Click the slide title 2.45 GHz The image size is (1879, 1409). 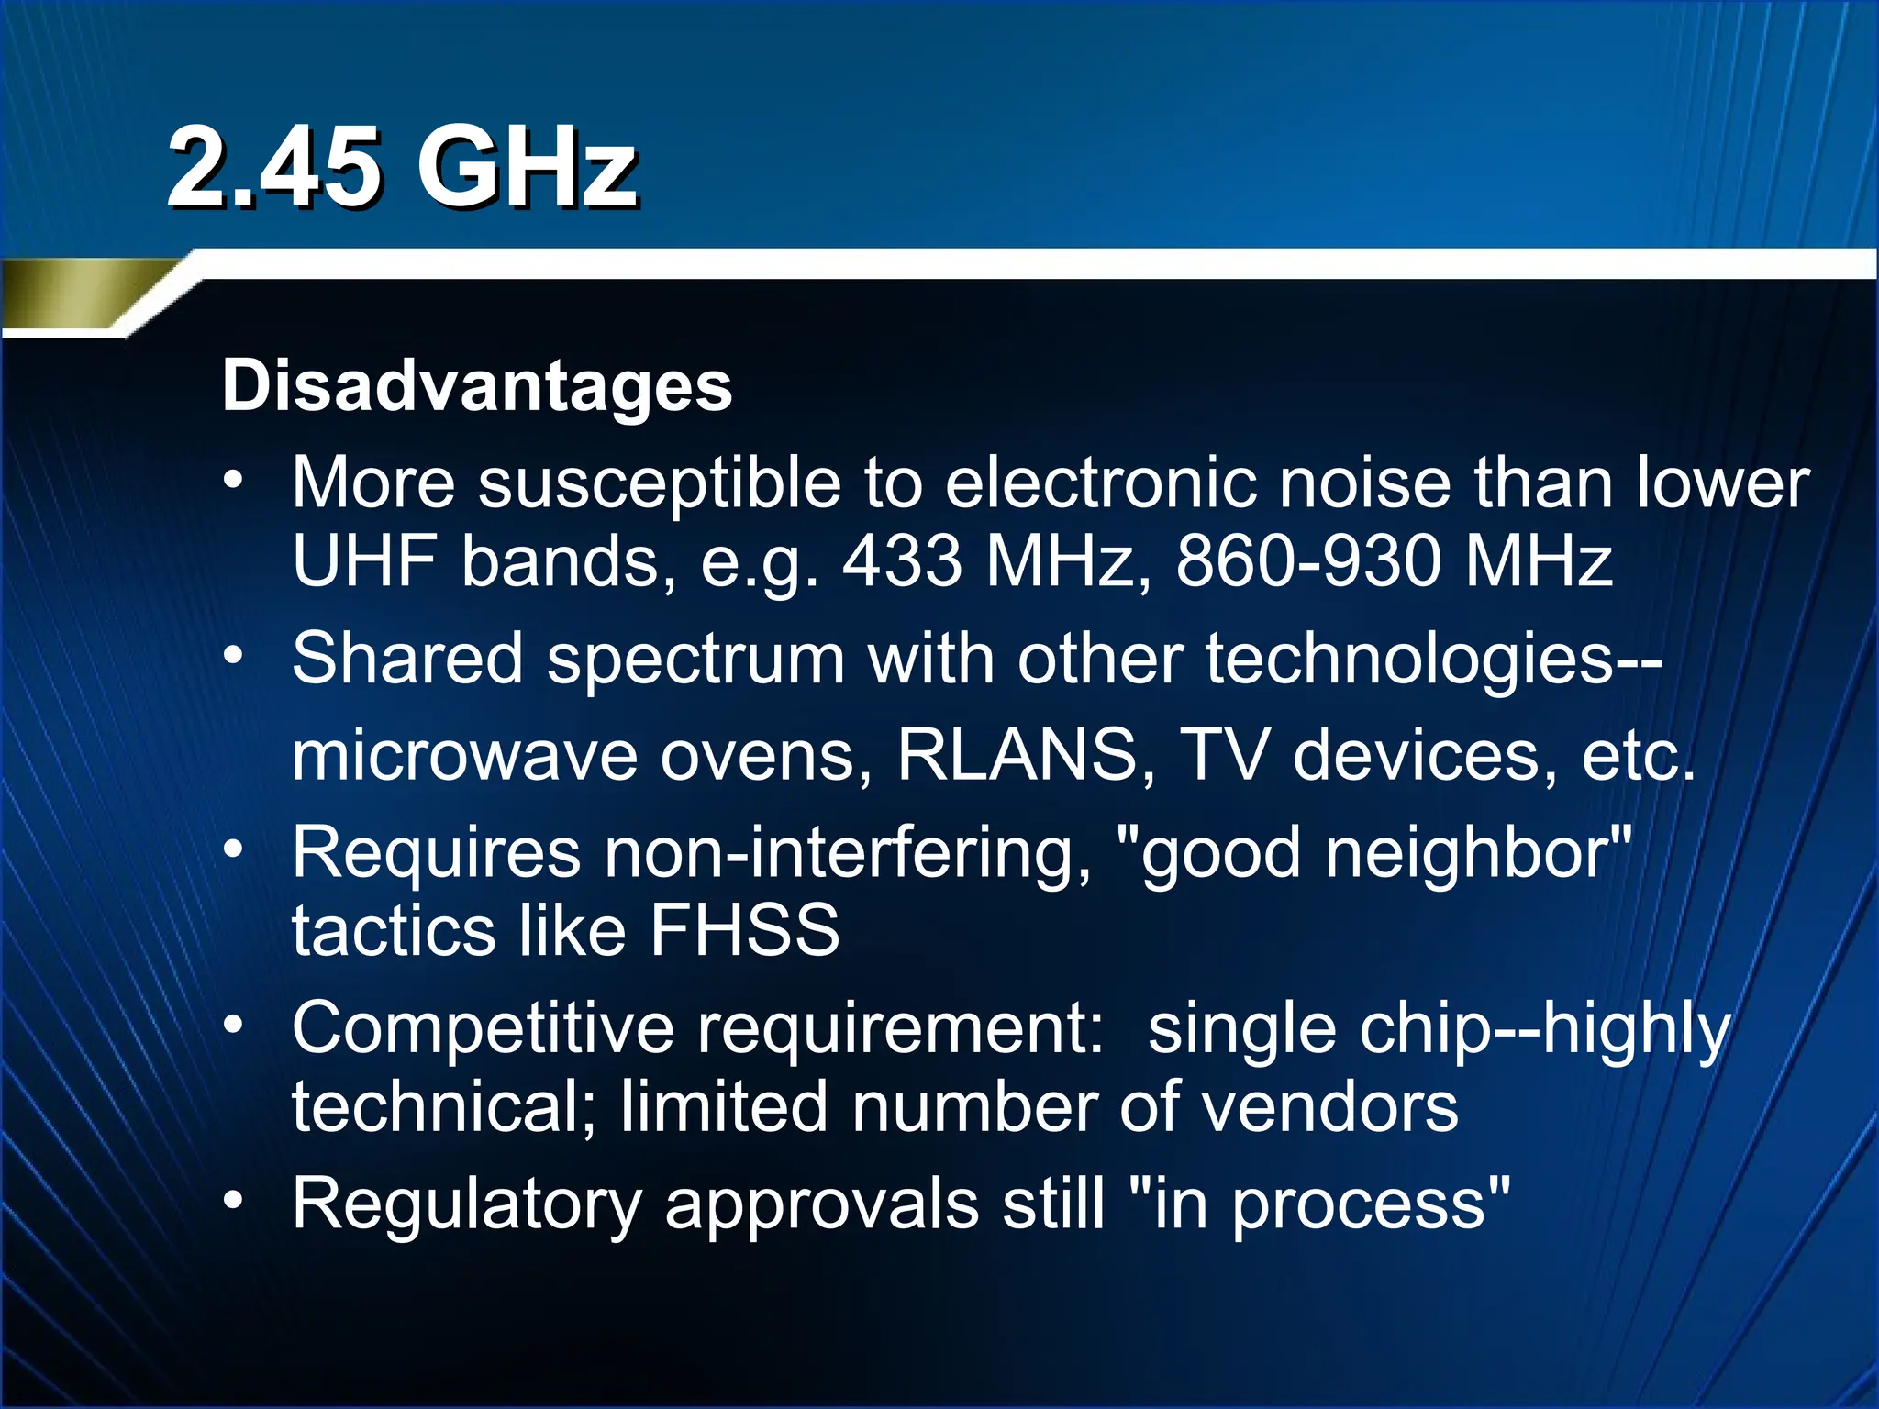[x=401, y=168]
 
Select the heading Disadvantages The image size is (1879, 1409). [x=477, y=386]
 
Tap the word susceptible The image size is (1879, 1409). [x=659, y=483]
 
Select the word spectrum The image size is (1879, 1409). [x=695, y=660]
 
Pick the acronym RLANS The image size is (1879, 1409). [x=1017, y=755]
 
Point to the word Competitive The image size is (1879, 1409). [x=484, y=1028]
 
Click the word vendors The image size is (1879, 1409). [x=1329, y=1107]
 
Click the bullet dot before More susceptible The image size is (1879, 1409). [x=235, y=481]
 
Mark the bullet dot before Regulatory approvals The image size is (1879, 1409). [x=235, y=1200]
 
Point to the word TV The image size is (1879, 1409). [x=1224, y=755]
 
